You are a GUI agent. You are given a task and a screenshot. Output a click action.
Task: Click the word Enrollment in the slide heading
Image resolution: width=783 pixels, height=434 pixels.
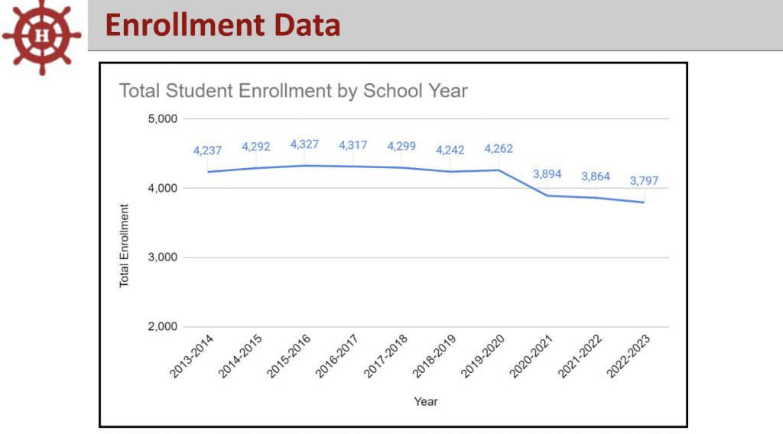(x=166, y=26)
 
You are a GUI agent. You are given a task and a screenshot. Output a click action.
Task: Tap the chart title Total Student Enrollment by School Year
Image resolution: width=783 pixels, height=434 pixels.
(x=293, y=91)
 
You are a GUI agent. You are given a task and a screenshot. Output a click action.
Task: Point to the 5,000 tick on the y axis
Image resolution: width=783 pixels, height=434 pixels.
(x=162, y=119)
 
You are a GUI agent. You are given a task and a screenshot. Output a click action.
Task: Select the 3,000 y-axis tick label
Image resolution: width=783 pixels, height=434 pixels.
(x=162, y=257)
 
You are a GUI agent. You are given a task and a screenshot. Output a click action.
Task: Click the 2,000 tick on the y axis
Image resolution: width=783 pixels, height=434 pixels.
(x=162, y=327)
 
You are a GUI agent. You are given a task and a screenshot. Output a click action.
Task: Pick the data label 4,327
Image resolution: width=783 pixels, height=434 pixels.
(x=304, y=144)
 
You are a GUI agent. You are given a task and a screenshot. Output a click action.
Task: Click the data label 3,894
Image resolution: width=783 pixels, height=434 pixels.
(x=547, y=174)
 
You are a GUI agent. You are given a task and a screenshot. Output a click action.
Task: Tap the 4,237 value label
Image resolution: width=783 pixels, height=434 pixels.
(x=207, y=151)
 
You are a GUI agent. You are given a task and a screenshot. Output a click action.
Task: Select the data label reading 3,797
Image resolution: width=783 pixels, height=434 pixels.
(x=644, y=181)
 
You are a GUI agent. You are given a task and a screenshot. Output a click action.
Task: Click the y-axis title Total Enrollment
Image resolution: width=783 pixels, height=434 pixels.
(x=124, y=245)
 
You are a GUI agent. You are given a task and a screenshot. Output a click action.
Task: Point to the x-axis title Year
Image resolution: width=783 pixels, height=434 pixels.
(x=426, y=401)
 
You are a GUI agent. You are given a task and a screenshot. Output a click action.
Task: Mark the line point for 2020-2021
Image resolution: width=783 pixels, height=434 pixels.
(x=547, y=196)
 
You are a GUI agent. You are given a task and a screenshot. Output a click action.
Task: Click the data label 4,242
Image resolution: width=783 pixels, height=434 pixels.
(x=450, y=151)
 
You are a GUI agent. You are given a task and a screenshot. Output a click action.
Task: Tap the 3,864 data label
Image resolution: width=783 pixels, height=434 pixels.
(x=596, y=177)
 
